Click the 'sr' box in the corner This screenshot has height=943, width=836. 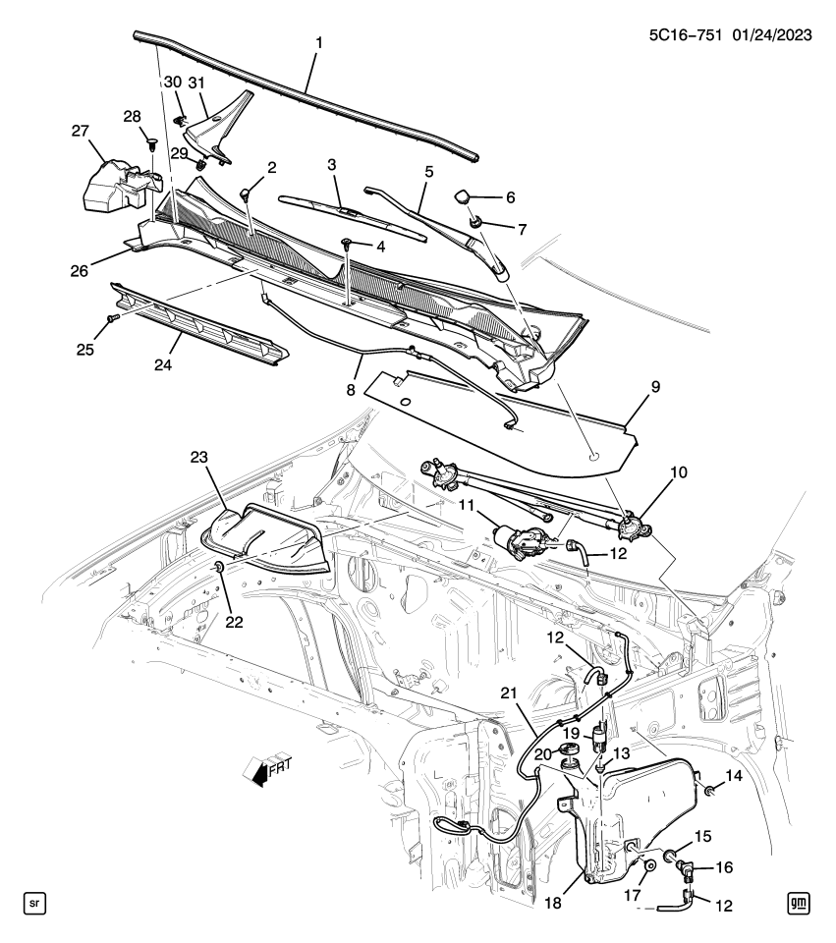34,902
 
